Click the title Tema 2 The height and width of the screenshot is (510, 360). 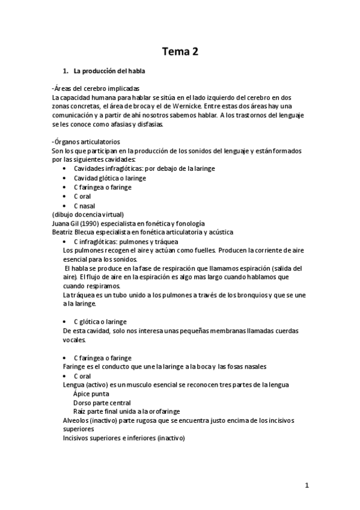tap(179, 52)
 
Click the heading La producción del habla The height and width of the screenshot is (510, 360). tap(105, 72)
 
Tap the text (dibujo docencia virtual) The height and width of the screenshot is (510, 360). tap(88, 215)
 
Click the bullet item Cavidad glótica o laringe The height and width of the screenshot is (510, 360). tap(110, 178)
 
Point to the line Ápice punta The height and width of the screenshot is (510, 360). tap(91, 394)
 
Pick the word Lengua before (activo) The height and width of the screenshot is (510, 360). tap(75, 384)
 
